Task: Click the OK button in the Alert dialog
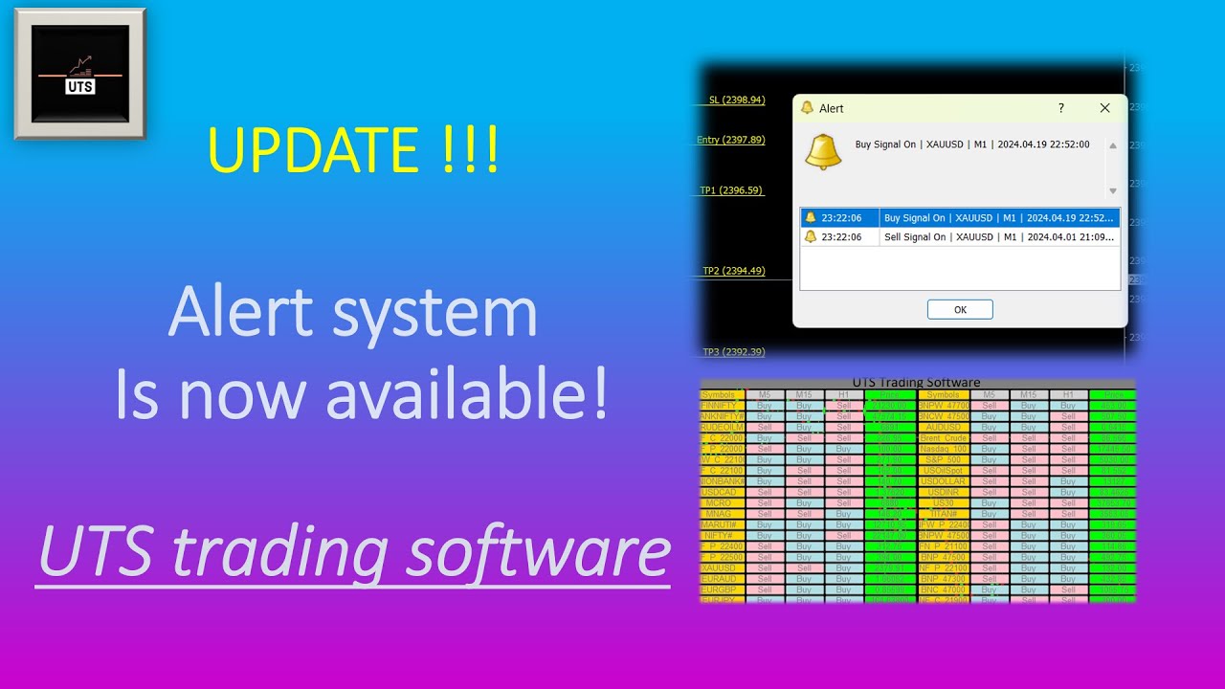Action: pyautogui.click(x=960, y=309)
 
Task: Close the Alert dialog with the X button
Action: pyautogui.click(x=1104, y=108)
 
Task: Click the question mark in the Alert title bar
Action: pyautogui.click(x=1060, y=108)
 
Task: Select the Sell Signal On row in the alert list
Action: pyautogui.click(x=960, y=236)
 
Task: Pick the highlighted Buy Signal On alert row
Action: pyautogui.click(x=960, y=218)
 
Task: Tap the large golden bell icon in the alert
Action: pyautogui.click(x=823, y=151)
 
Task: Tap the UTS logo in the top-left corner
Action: pyautogui.click(x=80, y=74)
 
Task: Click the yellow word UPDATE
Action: pyautogui.click(x=312, y=151)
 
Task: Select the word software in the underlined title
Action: pyautogui.click(x=537, y=552)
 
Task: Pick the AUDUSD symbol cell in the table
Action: pyautogui.click(x=943, y=427)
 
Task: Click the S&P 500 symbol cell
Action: pyautogui.click(x=943, y=459)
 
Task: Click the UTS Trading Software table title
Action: pyautogui.click(x=916, y=383)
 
